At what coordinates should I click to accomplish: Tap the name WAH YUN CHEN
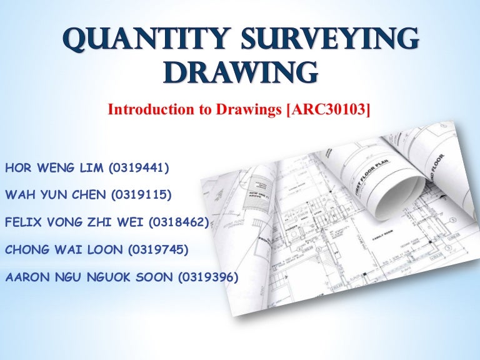pyautogui.click(x=56, y=195)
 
